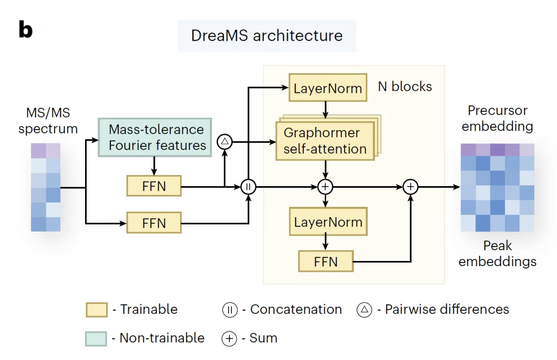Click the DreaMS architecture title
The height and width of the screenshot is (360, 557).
tap(267, 36)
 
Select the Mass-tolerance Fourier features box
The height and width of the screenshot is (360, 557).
tap(156, 137)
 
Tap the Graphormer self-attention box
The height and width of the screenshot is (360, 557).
tap(325, 140)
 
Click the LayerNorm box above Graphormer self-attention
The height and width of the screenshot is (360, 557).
tap(327, 88)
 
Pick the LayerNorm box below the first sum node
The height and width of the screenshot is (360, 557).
tap(328, 223)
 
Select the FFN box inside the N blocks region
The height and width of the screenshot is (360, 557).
tap(326, 261)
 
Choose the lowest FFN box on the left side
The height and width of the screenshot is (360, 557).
tap(154, 224)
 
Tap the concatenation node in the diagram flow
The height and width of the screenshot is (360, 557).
tap(249, 187)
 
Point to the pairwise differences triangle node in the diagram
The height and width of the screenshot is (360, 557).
tap(225, 141)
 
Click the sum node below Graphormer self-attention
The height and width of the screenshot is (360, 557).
tap(325, 187)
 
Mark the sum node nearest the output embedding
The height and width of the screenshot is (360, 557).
tap(411, 187)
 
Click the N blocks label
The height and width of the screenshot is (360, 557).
tap(405, 86)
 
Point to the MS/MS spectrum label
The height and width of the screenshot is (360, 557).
tap(48, 120)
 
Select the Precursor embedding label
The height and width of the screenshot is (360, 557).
tap(497, 118)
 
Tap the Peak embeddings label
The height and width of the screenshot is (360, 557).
tap(497, 254)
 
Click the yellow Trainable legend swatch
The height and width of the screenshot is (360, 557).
tap(96, 310)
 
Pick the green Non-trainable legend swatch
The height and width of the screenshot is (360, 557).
tap(96, 338)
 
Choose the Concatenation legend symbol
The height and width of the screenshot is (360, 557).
tap(230, 310)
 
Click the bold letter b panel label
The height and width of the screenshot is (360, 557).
tap(25, 30)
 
